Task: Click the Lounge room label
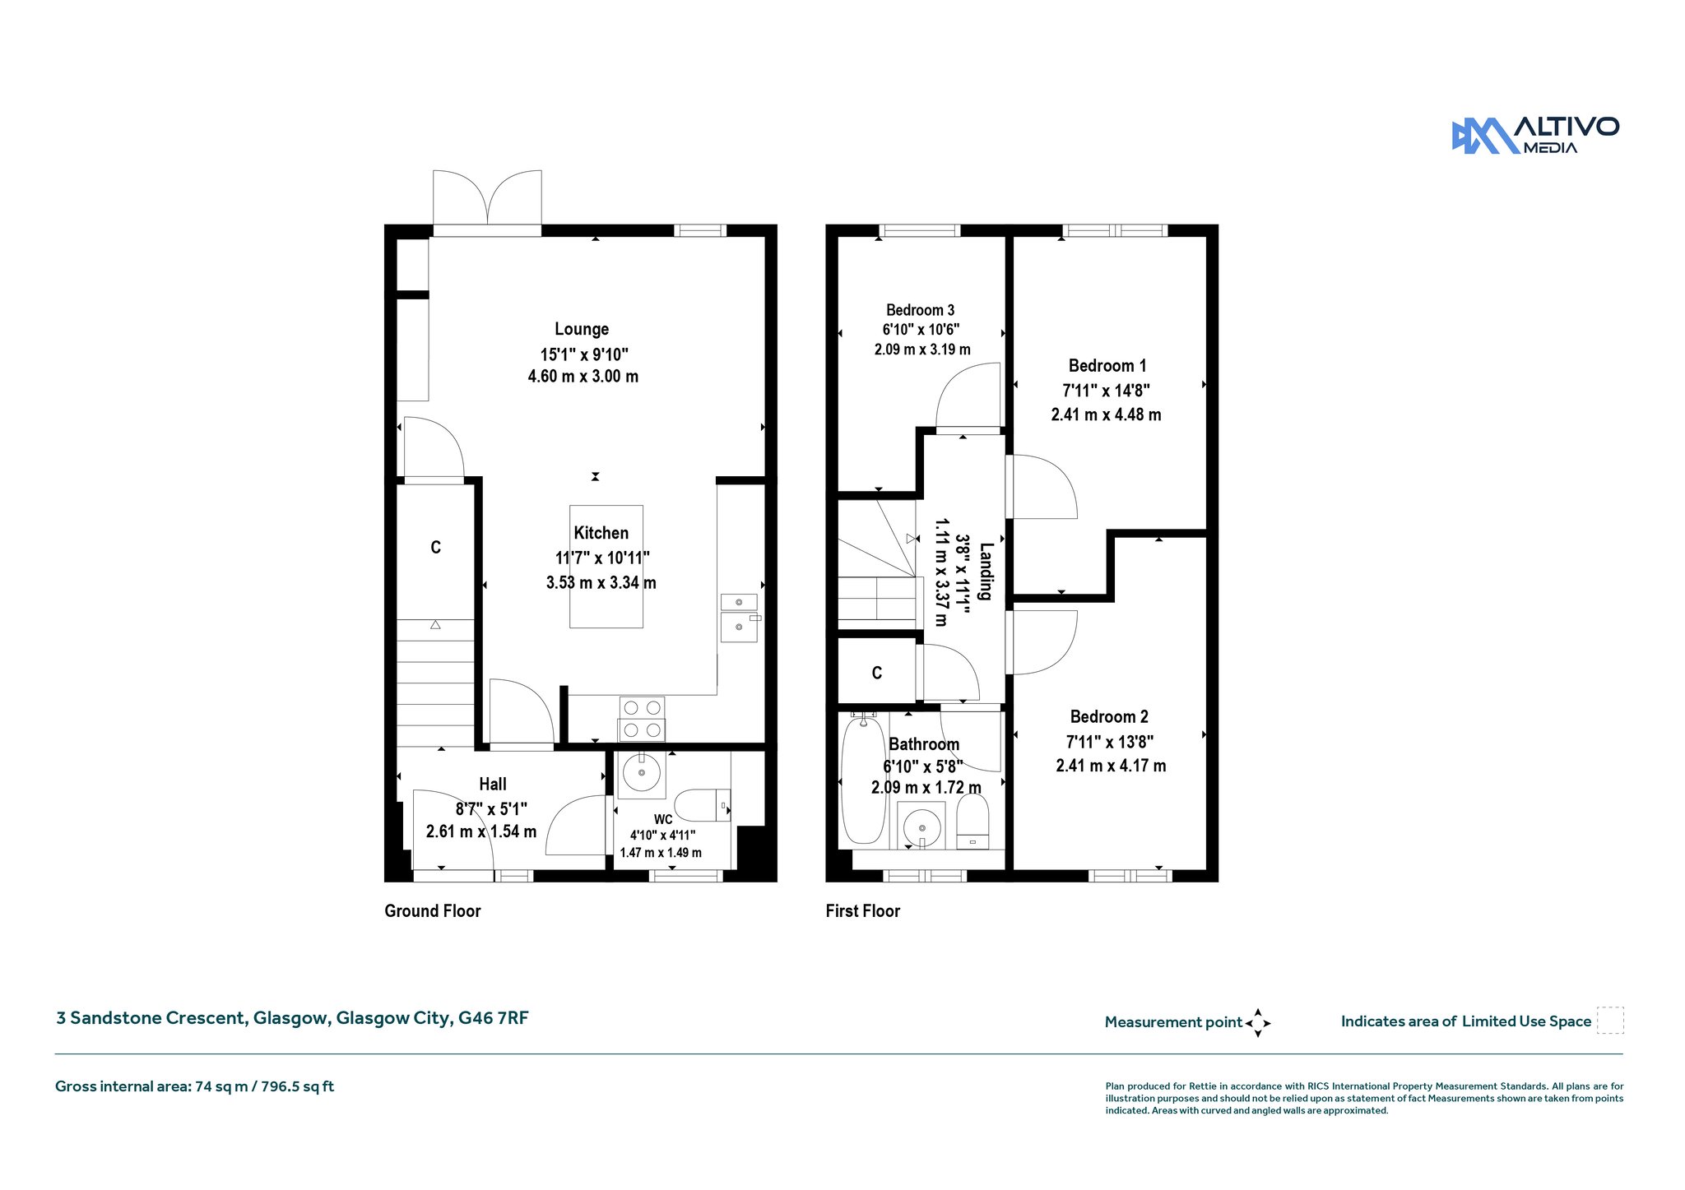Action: pos(582,329)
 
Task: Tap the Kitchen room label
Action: pos(601,533)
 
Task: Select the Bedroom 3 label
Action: pos(920,310)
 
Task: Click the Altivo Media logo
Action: pos(1535,136)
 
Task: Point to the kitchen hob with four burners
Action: pos(642,719)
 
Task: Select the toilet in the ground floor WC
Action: pos(702,806)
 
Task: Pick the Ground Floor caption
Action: pos(433,910)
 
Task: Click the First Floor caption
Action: pos(863,910)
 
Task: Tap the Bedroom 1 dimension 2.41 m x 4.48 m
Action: pos(1106,414)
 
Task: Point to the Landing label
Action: pos(985,571)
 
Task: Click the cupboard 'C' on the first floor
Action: pos(877,673)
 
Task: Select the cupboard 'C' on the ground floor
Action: pos(435,547)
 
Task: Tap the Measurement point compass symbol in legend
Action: pos(1258,1023)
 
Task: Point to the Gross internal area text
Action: pos(194,1086)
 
